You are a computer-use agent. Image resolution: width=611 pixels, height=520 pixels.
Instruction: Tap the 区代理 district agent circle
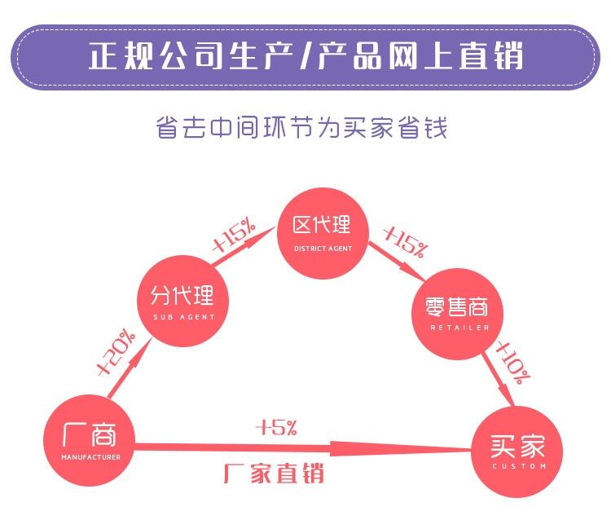tap(322, 231)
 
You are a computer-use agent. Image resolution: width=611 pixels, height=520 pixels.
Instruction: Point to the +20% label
tap(116, 352)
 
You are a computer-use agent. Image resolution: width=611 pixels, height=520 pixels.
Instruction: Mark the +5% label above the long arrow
tap(277, 426)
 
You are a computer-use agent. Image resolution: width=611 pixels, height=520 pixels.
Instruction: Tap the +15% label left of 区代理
tap(235, 236)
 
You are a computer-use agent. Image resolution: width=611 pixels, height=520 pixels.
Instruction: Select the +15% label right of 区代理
tap(404, 240)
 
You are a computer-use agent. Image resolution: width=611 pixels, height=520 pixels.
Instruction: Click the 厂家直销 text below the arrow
tap(274, 473)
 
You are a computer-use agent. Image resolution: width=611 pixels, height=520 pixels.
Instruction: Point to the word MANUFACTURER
tap(90, 457)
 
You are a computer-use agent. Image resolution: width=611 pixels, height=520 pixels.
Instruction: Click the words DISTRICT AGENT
tap(323, 248)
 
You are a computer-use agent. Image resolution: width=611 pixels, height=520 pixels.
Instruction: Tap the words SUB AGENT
tap(183, 316)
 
